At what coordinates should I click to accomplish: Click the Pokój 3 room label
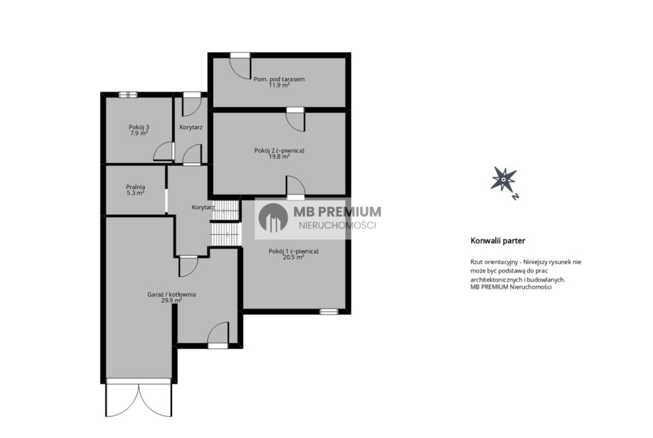click(138, 127)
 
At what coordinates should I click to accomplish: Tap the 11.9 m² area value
click(279, 85)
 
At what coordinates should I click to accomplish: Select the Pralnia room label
click(136, 187)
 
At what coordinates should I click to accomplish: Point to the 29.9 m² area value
click(171, 300)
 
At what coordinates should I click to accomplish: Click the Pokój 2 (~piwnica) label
click(279, 150)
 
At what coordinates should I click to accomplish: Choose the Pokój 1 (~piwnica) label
click(294, 251)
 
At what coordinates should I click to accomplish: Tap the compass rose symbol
click(503, 180)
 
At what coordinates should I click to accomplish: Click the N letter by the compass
click(515, 196)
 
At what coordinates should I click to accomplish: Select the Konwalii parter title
click(498, 240)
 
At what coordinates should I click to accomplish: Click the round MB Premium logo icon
click(273, 218)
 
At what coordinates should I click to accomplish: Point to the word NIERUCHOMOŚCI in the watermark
click(338, 225)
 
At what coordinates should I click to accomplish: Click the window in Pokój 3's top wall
click(128, 94)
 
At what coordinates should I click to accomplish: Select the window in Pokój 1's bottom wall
click(329, 311)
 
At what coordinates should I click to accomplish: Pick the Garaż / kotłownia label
click(171, 295)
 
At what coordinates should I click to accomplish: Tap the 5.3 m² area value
click(136, 193)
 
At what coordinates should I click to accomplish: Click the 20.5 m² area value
click(294, 257)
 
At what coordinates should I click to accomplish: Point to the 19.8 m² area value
click(279, 157)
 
